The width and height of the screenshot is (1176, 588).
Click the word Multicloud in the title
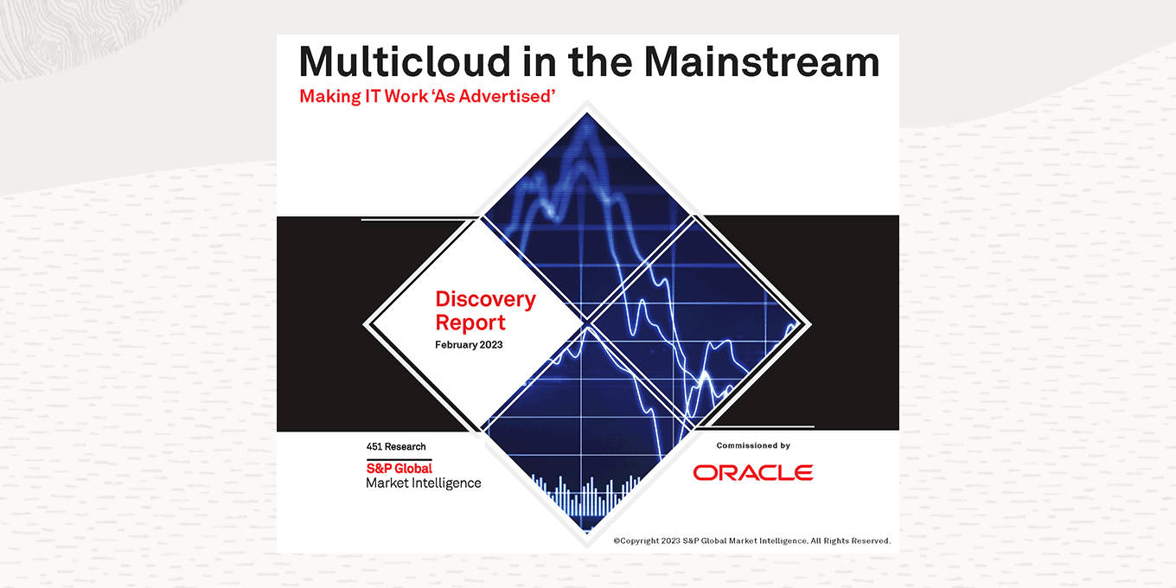(x=405, y=62)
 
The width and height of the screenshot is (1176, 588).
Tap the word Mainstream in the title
(x=762, y=62)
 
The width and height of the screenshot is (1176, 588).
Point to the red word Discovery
(x=486, y=299)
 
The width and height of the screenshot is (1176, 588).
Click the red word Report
(x=470, y=323)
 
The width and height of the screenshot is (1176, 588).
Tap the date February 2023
(x=469, y=345)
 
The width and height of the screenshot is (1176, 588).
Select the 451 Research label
(x=396, y=447)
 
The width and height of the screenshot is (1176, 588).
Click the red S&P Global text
(x=399, y=469)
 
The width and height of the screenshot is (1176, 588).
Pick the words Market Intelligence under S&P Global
(x=423, y=483)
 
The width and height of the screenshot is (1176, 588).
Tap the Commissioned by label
(x=753, y=445)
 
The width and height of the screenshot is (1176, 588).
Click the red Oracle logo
(x=753, y=472)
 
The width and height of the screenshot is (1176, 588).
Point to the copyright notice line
(x=751, y=540)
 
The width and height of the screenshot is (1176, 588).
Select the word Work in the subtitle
(x=406, y=96)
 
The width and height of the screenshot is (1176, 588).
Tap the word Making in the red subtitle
(x=330, y=97)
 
